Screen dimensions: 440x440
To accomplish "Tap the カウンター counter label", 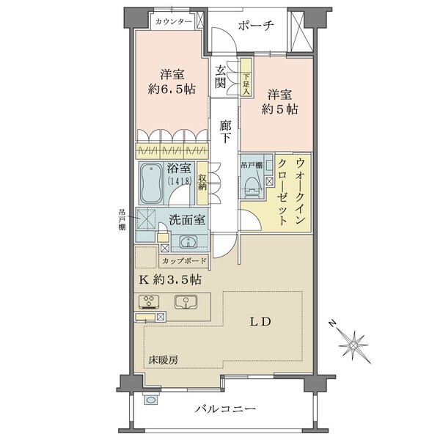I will coord(174,21).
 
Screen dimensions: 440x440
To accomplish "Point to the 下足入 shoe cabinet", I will coord(246,73).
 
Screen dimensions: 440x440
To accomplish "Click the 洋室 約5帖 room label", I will coord(281,101).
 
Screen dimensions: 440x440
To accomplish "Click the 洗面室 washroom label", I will coord(188,219).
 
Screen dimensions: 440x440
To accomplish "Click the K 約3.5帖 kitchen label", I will coord(168,279).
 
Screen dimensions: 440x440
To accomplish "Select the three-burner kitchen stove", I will coord(149,301).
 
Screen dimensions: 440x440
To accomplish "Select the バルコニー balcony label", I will coord(224,408).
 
